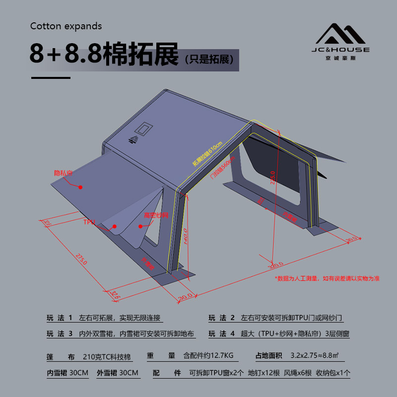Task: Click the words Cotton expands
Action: (66, 26)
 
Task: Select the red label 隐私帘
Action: (63, 173)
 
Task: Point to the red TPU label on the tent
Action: (89, 222)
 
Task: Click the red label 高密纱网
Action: (156, 215)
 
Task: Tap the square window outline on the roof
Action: (145, 129)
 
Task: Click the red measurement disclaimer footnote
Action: (328, 278)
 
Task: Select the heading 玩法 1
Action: (60, 318)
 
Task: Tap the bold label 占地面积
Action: (269, 355)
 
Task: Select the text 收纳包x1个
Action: (333, 373)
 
